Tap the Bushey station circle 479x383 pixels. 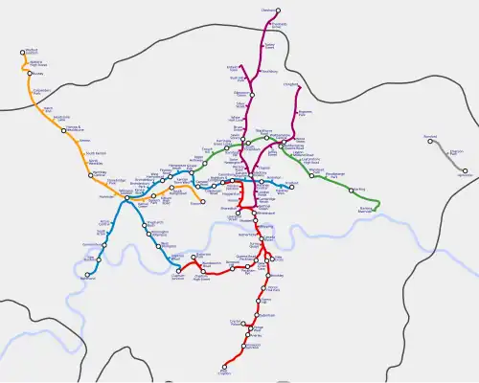pos(30,73)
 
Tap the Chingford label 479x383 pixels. pos(289,83)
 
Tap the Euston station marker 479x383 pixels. pos(209,185)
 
